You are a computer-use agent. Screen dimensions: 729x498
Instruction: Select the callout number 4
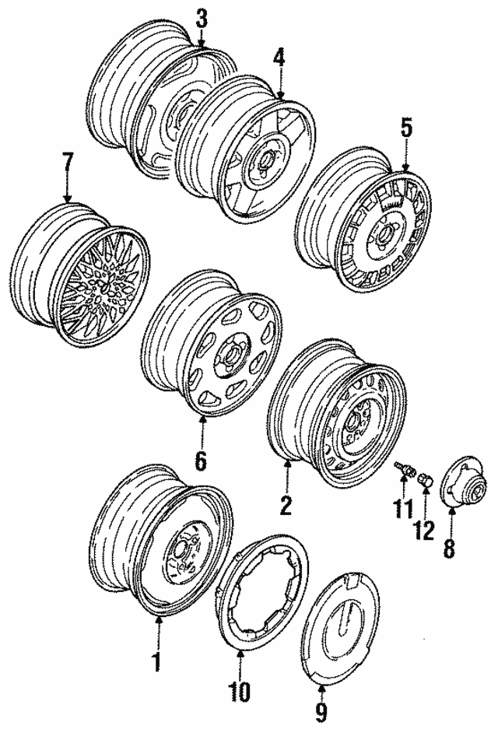279,58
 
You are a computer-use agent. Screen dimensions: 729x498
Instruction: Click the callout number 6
201,461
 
